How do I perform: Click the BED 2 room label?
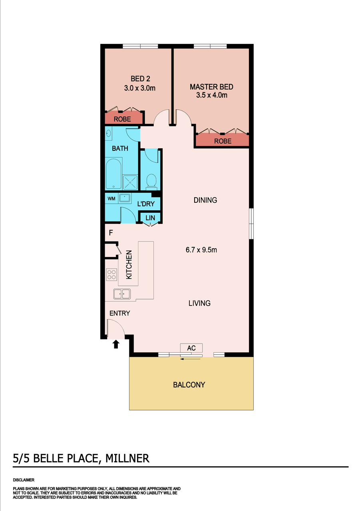(140, 79)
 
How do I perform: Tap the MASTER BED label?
(211, 87)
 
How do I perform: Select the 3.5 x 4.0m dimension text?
(212, 95)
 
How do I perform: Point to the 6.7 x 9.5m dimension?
(201, 250)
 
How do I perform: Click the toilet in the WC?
(151, 182)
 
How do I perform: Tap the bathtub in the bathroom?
(113, 174)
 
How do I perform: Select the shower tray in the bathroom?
(130, 182)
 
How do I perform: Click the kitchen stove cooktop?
(111, 274)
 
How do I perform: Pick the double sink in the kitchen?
(122, 294)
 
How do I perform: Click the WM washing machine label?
(111, 199)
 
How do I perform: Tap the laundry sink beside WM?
(125, 198)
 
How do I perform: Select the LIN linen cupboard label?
(150, 218)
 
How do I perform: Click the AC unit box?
(191, 348)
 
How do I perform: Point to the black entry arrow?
(116, 344)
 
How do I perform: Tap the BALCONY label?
(189, 385)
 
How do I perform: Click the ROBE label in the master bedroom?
(223, 141)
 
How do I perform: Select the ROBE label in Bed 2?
(122, 119)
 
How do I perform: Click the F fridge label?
(111, 233)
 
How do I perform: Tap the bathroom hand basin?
(109, 133)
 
